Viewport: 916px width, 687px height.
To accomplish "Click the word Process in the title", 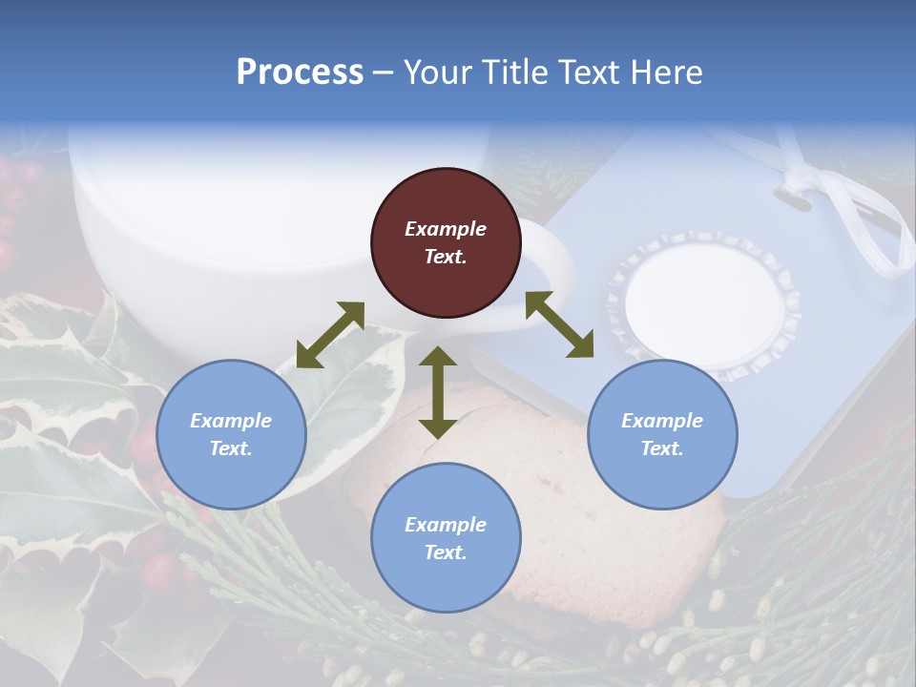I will (300, 73).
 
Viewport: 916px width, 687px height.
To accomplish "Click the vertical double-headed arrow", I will (438, 392).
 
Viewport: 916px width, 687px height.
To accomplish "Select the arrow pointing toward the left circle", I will (330, 335).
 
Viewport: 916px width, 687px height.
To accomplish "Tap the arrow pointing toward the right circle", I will (560, 324).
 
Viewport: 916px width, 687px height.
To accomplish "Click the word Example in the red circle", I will (446, 229).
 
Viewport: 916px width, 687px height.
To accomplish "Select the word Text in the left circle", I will (230, 448).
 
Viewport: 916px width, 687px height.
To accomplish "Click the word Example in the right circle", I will (662, 421).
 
